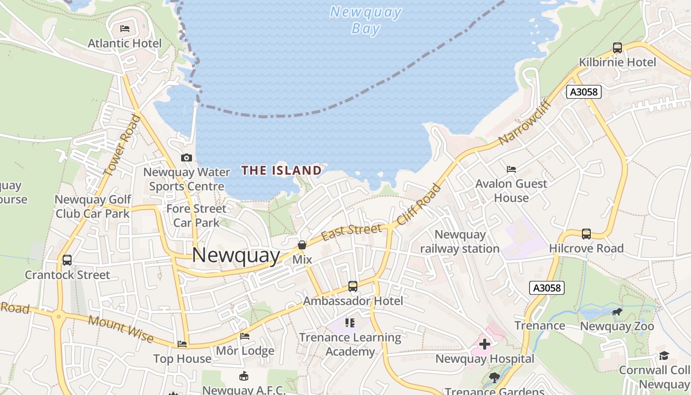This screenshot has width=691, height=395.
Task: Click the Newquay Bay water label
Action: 366,20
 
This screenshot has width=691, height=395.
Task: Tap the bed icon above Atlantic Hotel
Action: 125,29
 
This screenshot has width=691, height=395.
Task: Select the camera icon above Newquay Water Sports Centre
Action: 186,158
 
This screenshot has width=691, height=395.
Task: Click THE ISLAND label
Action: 281,171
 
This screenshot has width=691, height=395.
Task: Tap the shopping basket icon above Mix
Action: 302,245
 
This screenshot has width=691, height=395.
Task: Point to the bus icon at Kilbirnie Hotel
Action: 617,48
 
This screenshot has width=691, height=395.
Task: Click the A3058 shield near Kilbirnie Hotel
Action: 583,92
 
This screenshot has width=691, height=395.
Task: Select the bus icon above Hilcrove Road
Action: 586,234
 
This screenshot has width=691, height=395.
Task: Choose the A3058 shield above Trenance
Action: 547,288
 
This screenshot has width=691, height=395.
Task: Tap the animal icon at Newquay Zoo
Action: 617,312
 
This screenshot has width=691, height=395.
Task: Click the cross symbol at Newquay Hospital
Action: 485,344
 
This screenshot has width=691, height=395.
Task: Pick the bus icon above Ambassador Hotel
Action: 353,286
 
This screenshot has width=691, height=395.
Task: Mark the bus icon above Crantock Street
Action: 67,260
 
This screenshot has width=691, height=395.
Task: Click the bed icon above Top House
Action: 182,344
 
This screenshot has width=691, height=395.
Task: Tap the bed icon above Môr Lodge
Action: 245,336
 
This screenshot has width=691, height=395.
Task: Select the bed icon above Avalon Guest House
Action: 511,169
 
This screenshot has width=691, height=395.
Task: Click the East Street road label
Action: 351,231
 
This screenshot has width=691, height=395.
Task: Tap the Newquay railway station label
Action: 460,241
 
